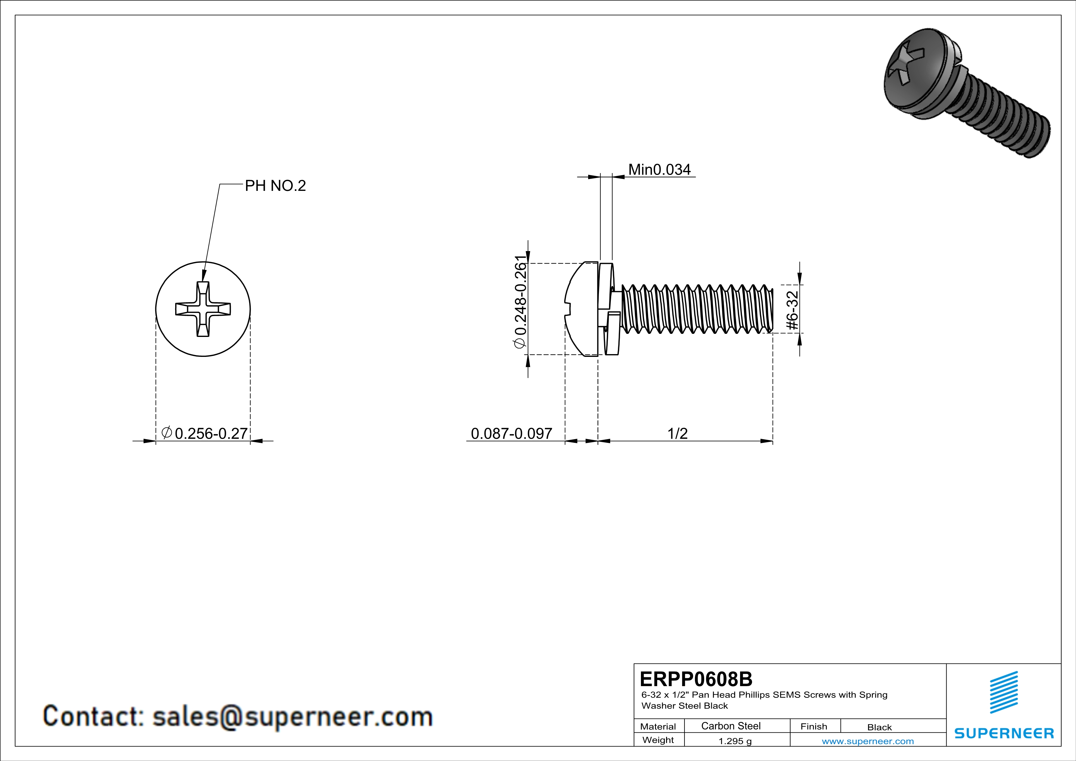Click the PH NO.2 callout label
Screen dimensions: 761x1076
pos(275,186)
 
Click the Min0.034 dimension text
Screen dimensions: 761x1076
pos(659,170)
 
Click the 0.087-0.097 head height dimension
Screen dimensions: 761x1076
pos(511,434)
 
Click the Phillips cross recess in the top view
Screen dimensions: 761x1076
pos(203,309)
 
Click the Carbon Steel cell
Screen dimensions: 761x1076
pos(731,726)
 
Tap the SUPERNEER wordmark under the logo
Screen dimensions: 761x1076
pos(1004,733)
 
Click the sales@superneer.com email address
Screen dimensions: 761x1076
pos(292,717)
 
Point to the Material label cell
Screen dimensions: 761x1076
pos(658,726)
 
